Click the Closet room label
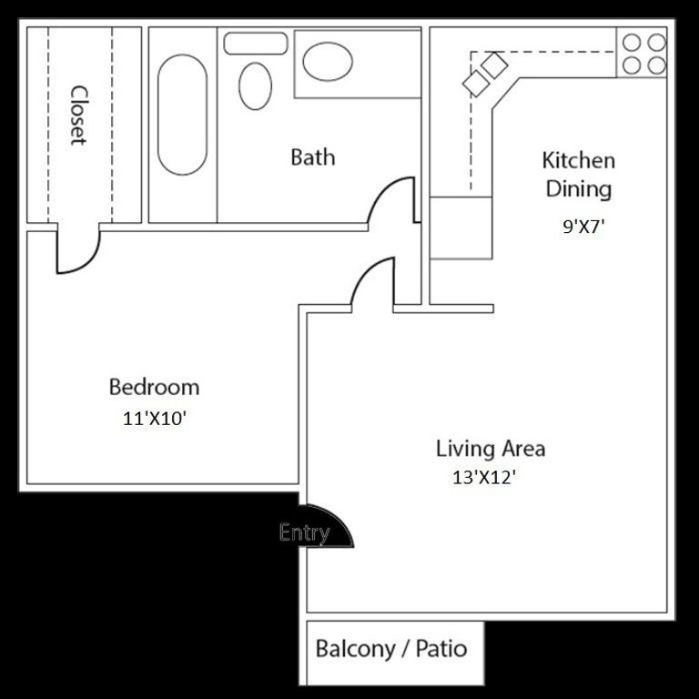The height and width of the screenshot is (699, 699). coord(78,116)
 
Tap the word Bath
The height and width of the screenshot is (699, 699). coord(312,157)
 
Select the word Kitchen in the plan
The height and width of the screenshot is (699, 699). coord(578,161)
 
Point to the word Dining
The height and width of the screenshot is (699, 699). coord(578,189)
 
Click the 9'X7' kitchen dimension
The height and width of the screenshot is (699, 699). coord(583,228)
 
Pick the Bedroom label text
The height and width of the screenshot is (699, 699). coord(154,387)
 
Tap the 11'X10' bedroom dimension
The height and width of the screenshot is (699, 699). coord(155,420)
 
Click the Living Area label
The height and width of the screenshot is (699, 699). coord(490,448)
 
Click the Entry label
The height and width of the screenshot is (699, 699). coord(304,532)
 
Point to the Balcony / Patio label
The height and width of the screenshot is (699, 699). coord(390,649)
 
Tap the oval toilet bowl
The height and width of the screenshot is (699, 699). coord(255,86)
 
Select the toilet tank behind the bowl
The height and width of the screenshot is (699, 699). coord(255,43)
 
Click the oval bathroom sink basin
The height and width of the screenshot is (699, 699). coord(328,62)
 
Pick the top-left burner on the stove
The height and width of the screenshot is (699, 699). coord(632,44)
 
